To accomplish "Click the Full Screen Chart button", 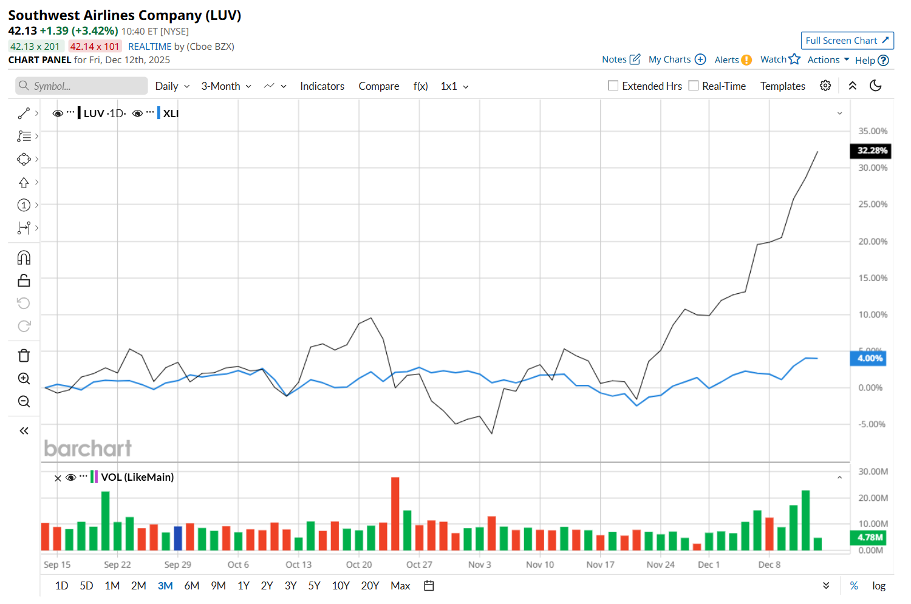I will (847, 41).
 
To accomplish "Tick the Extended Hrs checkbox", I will (613, 86).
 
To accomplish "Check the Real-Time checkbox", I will (694, 86).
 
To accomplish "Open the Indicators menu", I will (322, 86).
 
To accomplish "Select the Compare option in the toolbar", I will (378, 86).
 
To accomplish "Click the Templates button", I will (782, 86).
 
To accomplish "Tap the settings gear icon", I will (825, 86).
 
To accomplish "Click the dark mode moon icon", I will (875, 86).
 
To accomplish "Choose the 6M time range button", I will (191, 586).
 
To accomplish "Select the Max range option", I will (400, 586).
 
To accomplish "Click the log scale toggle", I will (878, 586).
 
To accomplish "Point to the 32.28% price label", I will (872, 151).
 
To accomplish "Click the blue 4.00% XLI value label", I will (869, 358).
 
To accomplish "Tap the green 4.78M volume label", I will (869, 537).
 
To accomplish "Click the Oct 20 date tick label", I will (359, 565).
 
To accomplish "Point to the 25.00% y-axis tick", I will (872, 205).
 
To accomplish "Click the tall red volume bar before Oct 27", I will (395, 514).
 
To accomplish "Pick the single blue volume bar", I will (178, 538).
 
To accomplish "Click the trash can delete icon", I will (24, 356).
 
